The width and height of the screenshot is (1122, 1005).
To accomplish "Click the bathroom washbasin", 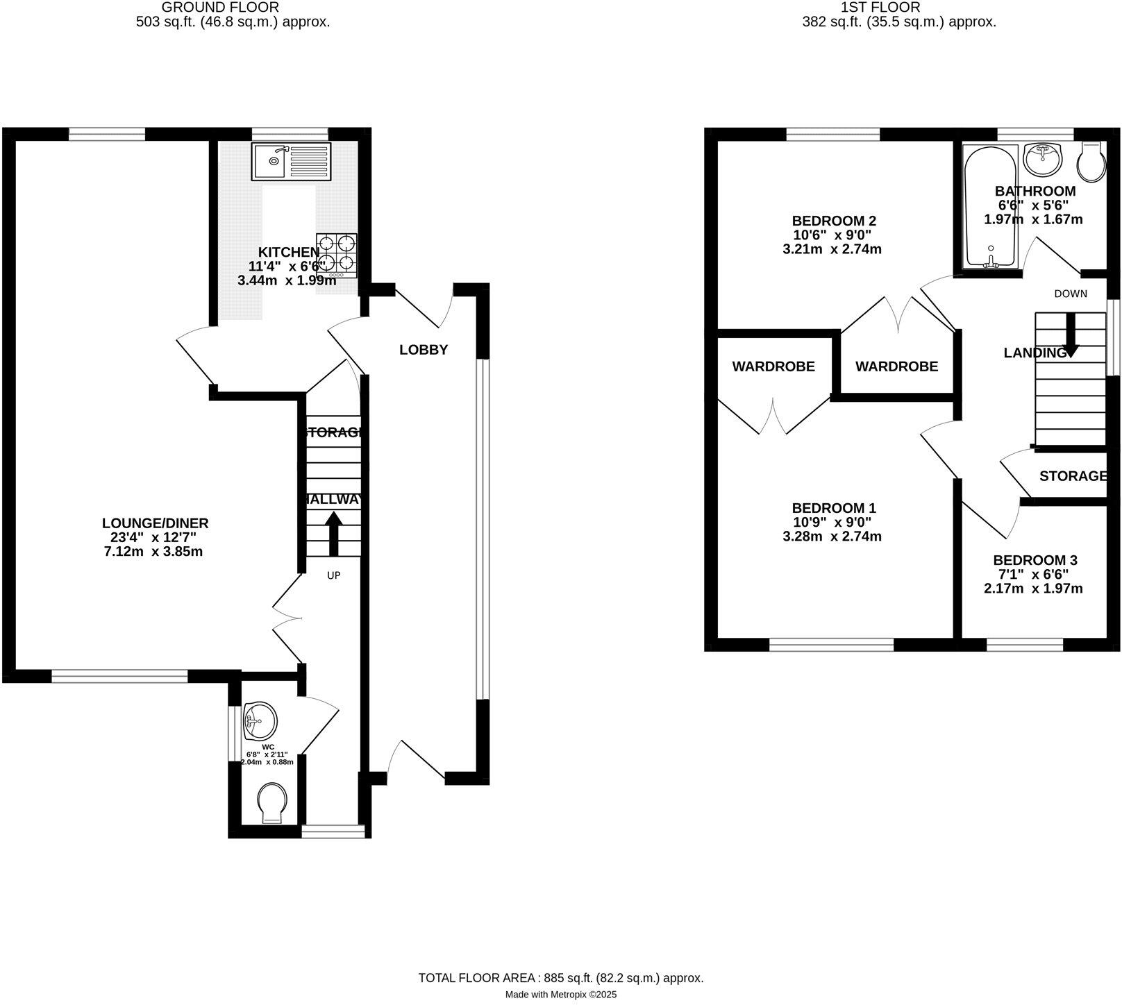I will point(1043,160).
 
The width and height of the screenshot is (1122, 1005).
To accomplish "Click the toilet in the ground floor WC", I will point(272,803).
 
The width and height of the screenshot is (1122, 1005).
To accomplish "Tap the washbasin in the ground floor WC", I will point(260,721).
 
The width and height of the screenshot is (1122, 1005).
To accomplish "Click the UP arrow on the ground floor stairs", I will point(333,533).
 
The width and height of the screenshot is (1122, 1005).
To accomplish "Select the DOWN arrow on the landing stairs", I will point(1071,335).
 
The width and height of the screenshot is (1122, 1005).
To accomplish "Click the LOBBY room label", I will point(424,350).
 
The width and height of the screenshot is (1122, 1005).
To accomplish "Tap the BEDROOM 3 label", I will point(1035,560).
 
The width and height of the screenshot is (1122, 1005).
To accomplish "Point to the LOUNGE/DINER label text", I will point(155,523).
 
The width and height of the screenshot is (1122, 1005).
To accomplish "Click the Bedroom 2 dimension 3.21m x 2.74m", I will point(832,248).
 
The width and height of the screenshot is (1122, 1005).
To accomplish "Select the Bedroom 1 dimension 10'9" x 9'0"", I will point(832,522).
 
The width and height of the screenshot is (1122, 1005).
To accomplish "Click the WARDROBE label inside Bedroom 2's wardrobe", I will point(896,366).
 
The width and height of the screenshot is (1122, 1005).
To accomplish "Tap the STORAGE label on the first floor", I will point(1073,475).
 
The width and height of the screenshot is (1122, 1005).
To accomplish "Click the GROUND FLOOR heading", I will point(220,8).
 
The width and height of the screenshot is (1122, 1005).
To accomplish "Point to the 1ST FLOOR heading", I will point(880,8).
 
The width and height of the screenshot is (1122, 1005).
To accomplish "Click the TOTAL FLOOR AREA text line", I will point(561,978).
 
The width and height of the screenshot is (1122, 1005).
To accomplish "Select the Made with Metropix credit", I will point(561,995).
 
